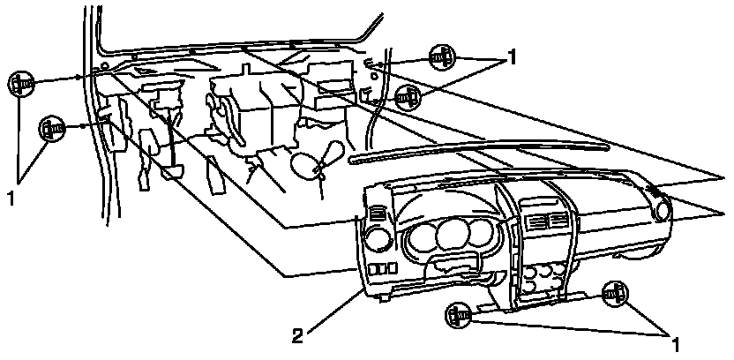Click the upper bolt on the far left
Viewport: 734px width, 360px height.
(x=20, y=84)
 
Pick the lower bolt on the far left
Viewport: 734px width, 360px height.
(x=50, y=129)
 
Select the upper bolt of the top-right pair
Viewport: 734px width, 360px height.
(x=441, y=58)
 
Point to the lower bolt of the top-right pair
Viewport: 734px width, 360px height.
(x=408, y=95)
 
